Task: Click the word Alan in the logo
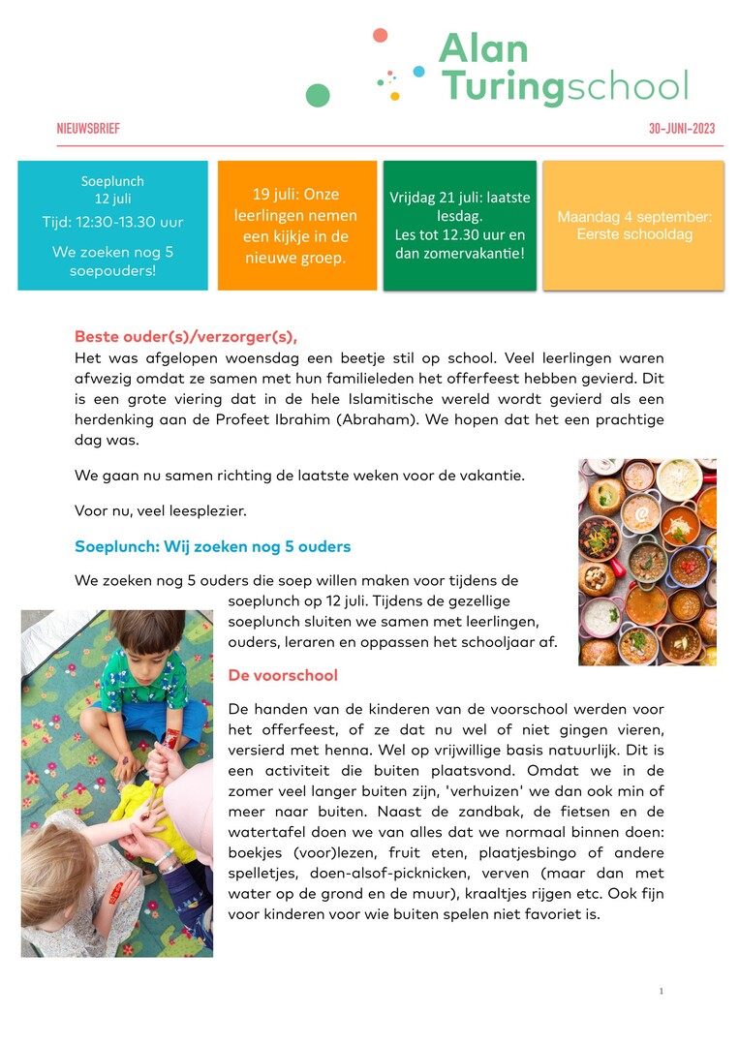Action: click(x=483, y=48)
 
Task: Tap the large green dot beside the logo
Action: click(x=318, y=95)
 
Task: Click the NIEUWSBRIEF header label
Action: click(x=88, y=129)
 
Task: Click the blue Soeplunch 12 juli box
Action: click(x=112, y=225)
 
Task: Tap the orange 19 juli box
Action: click(x=296, y=225)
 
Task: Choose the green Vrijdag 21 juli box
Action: click(x=459, y=225)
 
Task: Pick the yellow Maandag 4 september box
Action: click(x=633, y=225)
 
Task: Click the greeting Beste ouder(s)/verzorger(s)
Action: click(x=186, y=337)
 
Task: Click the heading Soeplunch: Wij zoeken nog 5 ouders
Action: click(x=212, y=546)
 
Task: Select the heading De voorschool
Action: click(x=283, y=674)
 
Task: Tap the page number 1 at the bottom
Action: click(x=661, y=991)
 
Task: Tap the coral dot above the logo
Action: click(x=380, y=35)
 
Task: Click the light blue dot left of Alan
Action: click(x=418, y=71)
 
